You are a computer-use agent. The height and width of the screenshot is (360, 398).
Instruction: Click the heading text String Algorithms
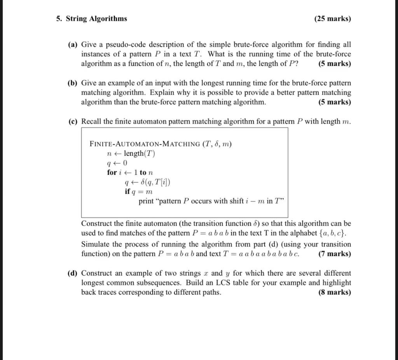coord(96,19)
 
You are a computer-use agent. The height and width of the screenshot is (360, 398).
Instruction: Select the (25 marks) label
coord(332,19)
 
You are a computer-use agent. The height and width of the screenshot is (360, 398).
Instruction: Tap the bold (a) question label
coord(73,45)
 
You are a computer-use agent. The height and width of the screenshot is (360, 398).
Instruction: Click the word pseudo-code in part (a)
coord(124,45)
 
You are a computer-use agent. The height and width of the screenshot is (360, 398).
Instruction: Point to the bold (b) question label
coord(73,83)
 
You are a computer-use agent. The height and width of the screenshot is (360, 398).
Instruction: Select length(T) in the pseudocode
coord(139,154)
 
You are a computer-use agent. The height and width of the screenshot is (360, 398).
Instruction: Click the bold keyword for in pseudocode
coord(112,172)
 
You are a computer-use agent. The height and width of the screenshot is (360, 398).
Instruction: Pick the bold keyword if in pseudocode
coord(127,191)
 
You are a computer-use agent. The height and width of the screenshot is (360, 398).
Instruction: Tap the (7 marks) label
coord(334,254)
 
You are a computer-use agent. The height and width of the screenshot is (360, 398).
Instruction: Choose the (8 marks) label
coord(334,292)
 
